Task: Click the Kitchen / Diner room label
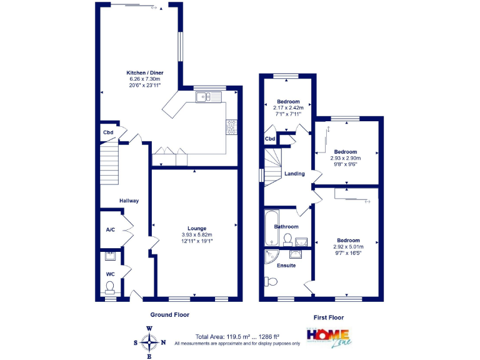(144, 73)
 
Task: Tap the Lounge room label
(197, 228)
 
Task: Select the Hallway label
(129, 201)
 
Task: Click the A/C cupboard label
(110, 230)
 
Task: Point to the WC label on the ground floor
(110, 274)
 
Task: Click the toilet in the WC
(110, 287)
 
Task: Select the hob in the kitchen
(230, 127)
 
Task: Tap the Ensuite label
(286, 266)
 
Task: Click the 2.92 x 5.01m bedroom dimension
(348, 247)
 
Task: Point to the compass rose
(149, 342)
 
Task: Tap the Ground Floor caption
(169, 315)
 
